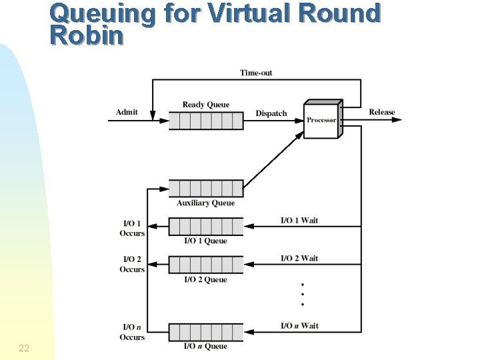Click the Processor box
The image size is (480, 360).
click(321, 120)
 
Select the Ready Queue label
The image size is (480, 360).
click(205, 105)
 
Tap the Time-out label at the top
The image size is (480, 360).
click(256, 73)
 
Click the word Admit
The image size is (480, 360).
click(127, 112)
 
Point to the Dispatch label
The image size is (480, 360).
click(271, 113)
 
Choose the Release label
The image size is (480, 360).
click(382, 112)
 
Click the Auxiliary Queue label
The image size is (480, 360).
click(205, 203)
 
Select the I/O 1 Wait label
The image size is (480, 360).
click(299, 221)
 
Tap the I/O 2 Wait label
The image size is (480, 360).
click(299, 259)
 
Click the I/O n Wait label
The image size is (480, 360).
click(299, 326)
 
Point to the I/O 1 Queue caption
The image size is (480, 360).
click(205, 241)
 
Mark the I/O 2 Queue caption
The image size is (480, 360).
click(205, 279)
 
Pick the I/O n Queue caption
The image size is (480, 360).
click(205, 346)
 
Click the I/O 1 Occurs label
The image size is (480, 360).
click(132, 229)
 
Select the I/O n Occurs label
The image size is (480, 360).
click(132, 332)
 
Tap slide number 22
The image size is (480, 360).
click(24, 348)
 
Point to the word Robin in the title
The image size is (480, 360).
click(87, 36)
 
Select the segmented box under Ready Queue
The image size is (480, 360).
click(205, 121)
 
